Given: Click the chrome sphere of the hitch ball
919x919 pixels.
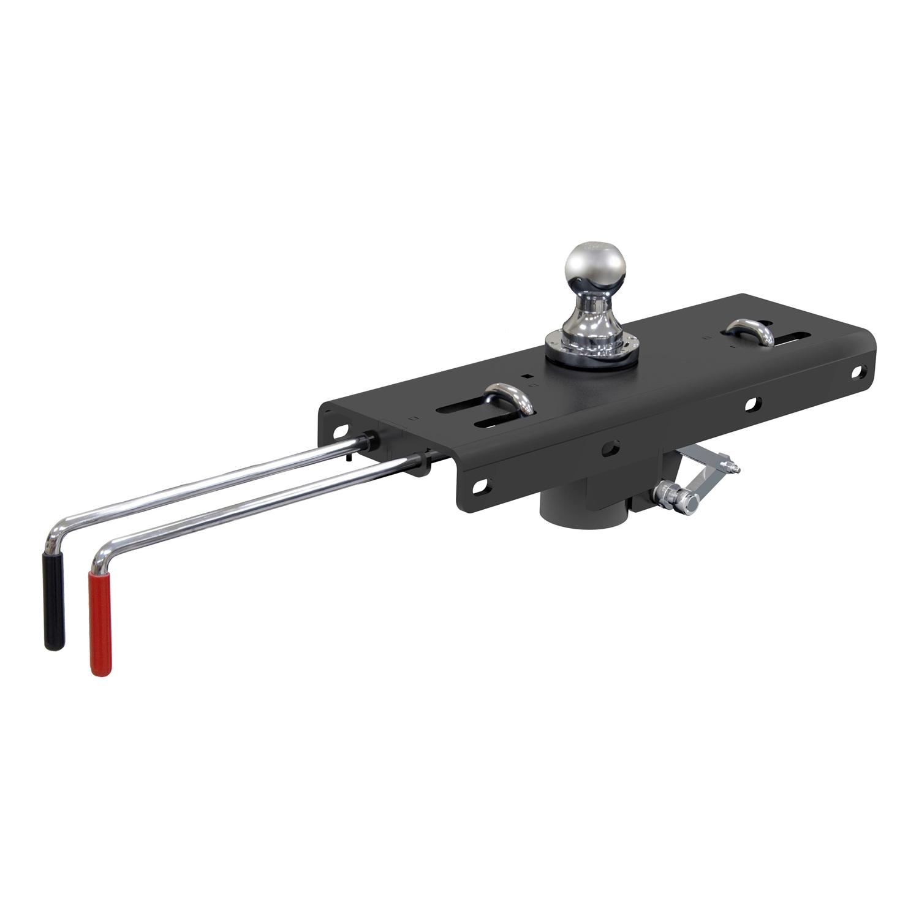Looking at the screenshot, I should pyautogui.click(x=594, y=268).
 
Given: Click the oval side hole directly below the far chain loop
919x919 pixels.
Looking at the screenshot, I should pyautogui.click(x=752, y=404).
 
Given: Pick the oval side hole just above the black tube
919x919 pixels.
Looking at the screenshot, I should pyautogui.click(x=610, y=448).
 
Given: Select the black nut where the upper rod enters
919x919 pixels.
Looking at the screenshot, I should pyautogui.click(x=369, y=440).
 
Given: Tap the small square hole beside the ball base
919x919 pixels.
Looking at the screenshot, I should pyautogui.click(x=524, y=378).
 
